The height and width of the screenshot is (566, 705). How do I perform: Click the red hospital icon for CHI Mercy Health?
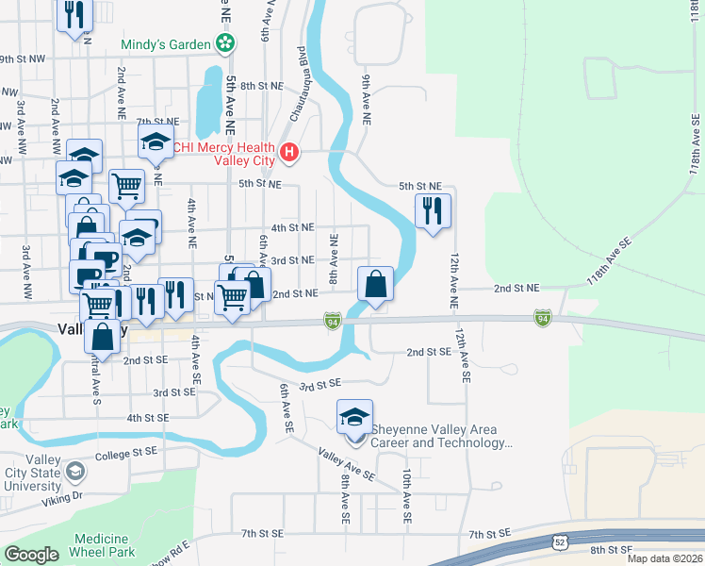click(290, 151)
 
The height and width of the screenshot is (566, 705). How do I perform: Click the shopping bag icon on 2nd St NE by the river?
click(375, 283)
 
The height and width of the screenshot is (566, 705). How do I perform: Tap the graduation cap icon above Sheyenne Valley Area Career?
click(354, 416)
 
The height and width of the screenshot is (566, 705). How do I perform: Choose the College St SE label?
click(124, 452)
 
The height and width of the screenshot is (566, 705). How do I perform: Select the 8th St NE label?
click(262, 86)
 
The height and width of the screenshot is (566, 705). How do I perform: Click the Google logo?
click(30, 555)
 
